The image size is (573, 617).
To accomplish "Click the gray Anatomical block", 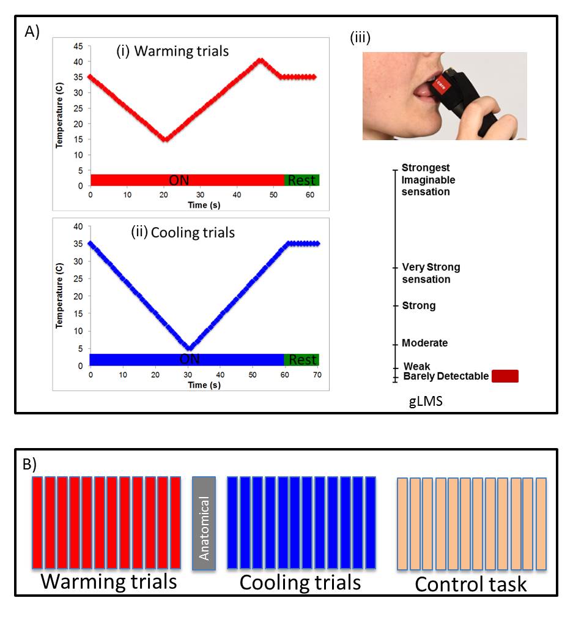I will [x=204, y=523].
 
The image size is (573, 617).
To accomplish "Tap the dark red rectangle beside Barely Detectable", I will [x=505, y=376].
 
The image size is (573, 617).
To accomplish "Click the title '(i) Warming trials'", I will [x=172, y=51].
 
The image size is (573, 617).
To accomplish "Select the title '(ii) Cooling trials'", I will [x=183, y=233].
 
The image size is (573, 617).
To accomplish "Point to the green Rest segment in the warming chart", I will [x=301, y=180].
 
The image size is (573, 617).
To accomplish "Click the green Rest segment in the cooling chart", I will [x=301, y=359].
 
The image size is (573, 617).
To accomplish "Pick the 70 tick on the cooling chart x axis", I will [x=316, y=375].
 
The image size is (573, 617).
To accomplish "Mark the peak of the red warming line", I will [x=261, y=60].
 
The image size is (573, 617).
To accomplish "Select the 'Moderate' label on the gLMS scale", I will [x=424, y=343].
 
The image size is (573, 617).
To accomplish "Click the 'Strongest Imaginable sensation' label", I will [x=429, y=180].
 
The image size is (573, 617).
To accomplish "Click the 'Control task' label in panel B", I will [x=470, y=585].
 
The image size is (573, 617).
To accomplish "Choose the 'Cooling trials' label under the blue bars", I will [x=300, y=582].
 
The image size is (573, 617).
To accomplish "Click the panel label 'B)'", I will [x=30, y=464].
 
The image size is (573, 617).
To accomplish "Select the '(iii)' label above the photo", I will [x=360, y=38].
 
